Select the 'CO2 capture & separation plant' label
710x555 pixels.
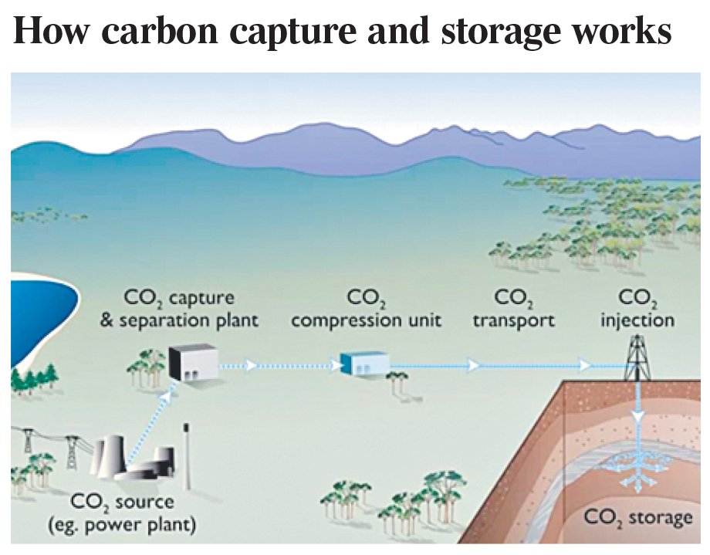179,309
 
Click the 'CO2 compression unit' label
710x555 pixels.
366,309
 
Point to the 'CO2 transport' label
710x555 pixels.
514,309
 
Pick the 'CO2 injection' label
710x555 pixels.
637,310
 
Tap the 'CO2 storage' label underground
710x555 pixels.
638,518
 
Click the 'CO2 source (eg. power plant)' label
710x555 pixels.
122,513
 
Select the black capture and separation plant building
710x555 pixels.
194,362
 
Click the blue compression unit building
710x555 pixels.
365,364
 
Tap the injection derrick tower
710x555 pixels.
637,358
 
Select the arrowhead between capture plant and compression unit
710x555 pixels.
250,364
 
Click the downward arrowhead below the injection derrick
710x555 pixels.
638,417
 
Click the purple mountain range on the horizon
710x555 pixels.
407,150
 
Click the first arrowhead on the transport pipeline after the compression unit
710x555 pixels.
473,364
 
